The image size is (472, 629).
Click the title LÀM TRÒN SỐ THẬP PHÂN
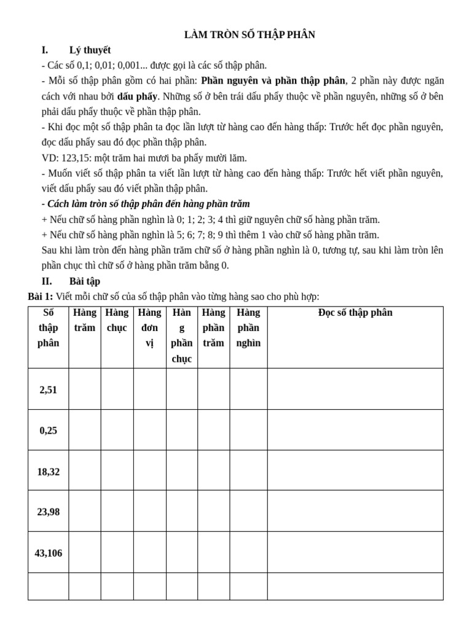pos(250,35)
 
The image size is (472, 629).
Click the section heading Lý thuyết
pos(90,50)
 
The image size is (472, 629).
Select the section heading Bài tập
pos(84,281)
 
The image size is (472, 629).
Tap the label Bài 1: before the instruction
pos(40,297)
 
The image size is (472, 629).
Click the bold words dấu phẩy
pos(138,96)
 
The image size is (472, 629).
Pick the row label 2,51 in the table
pos(48,389)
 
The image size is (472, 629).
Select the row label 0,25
pos(48,430)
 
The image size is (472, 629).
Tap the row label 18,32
pos(48,471)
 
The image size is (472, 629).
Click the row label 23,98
pos(48,511)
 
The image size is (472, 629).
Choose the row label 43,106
pos(48,553)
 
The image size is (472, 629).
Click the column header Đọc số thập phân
pos(355,313)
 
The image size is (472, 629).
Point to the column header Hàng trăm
pos(85,320)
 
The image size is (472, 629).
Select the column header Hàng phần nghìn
pos(248,328)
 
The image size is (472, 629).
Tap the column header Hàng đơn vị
pos(149,328)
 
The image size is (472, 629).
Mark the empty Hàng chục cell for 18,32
pos(117,471)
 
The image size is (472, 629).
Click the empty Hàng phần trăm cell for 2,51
pos(213,389)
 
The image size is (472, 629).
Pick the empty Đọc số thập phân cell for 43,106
pos(355,552)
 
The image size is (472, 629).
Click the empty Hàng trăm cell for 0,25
pos(85,430)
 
